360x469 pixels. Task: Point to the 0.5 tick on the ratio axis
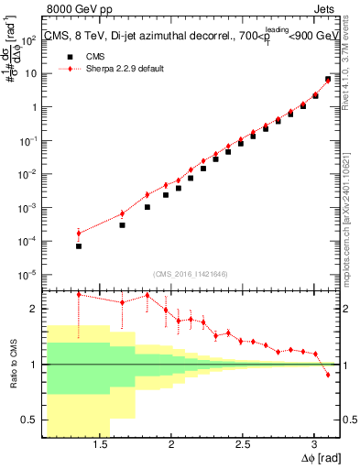[30, 420]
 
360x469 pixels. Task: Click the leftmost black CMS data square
[79, 246]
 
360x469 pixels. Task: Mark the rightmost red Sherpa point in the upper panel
[328, 80]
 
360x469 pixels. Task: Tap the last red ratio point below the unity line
[328, 375]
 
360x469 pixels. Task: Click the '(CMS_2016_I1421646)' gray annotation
[190, 273]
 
